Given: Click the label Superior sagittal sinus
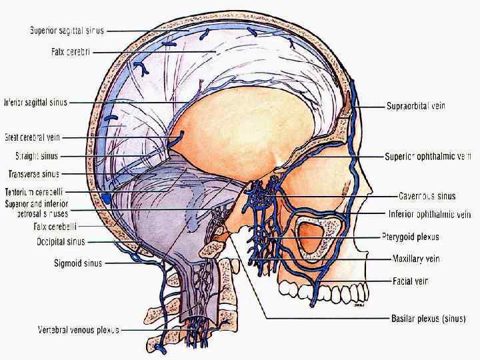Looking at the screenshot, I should coord(67,30).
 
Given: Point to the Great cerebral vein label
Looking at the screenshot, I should coord(33,138).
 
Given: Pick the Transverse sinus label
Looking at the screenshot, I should coord(34,174).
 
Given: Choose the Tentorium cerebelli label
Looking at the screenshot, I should coord(35,192).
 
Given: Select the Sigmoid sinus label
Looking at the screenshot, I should coord(78,263).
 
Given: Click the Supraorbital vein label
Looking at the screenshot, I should coord(416,105).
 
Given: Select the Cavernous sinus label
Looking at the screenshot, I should coord(427,197).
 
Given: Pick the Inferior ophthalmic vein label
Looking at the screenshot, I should coord(429,215).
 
